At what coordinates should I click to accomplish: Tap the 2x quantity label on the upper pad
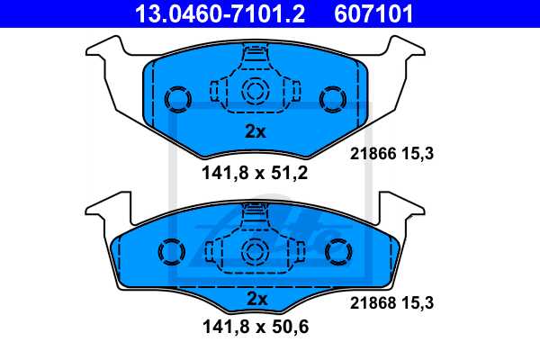256,131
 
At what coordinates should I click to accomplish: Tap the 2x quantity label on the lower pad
256,298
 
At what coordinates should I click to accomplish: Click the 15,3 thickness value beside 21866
419,154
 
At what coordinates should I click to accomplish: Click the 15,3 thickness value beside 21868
419,304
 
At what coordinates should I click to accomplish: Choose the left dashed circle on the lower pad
170,254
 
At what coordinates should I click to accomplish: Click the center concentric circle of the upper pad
256,90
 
